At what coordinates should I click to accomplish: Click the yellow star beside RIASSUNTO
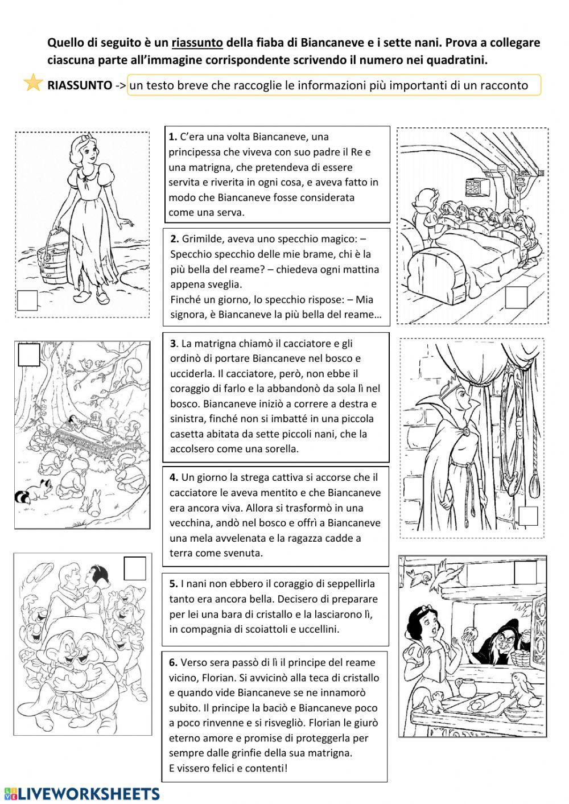pyautogui.click(x=34, y=83)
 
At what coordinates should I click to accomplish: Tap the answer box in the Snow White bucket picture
pyautogui.click(x=27, y=300)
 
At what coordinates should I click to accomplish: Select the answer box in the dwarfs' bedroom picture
pyautogui.click(x=517, y=297)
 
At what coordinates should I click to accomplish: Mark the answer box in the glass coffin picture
pyautogui.click(x=29, y=354)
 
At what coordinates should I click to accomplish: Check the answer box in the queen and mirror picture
pyautogui.click(x=527, y=516)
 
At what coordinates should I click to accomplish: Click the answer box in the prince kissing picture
pyautogui.click(x=134, y=568)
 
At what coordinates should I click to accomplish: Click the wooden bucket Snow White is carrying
pyautogui.click(x=50, y=250)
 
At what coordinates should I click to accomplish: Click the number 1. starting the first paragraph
pyautogui.click(x=173, y=137)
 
